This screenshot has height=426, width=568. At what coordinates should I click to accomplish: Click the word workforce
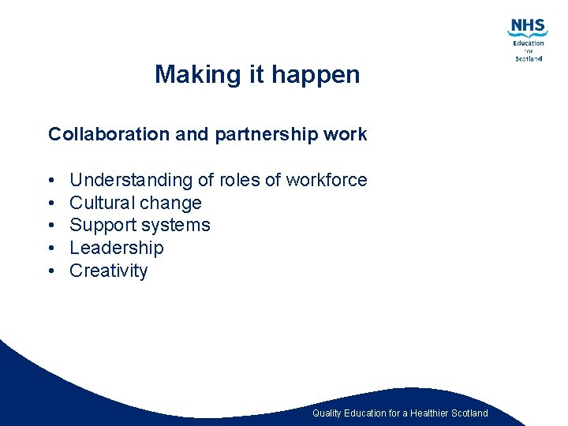(327, 180)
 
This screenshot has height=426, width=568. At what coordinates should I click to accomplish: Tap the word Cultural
(103, 203)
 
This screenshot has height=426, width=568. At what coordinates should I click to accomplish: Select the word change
(171, 204)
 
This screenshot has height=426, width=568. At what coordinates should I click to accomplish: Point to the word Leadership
(117, 248)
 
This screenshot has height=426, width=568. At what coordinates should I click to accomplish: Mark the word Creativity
(109, 271)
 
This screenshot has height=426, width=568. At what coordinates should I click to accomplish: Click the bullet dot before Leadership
(50, 248)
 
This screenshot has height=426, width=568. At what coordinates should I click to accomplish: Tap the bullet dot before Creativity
(50, 271)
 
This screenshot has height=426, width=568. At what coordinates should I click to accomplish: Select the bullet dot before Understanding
(50, 181)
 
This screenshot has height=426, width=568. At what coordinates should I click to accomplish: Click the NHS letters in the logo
(528, 25)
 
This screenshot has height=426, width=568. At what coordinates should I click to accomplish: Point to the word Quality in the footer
(327, 413)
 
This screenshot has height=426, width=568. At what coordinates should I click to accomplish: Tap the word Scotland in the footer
(470, 413)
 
